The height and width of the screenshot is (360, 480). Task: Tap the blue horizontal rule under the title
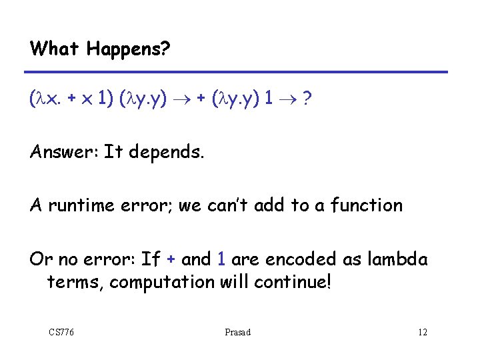[x=239, y=72]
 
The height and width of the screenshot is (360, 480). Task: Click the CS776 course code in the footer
[x=61, y=332]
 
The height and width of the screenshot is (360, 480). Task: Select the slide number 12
[x=422, y=332]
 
